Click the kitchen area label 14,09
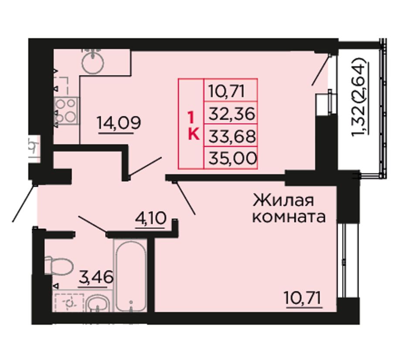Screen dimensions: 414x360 pos(119,123)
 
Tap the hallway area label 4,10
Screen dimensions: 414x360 pos(151,219)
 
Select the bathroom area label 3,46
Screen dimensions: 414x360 pos(96,277)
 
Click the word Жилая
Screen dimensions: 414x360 pos(283,201)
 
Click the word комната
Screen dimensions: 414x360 pos(289,218)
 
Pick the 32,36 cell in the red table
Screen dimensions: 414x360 pos(231,113)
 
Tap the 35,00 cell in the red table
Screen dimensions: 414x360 pos(231,158)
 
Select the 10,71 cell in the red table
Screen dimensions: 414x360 pos(231,90)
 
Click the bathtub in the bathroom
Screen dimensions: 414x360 pos(131,276)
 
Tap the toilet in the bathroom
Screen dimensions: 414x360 pos(59,265)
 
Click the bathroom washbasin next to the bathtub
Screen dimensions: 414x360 pos(98,304)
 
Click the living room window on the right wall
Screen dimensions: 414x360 pos(343,261)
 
